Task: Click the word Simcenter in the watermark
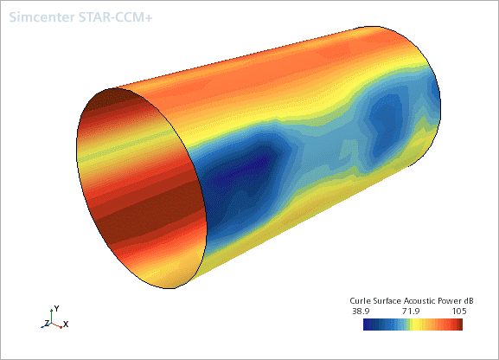click(x=42, y=17)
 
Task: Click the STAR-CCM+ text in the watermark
click(x=115, y=17)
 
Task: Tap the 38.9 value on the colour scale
click(x=361, y=311)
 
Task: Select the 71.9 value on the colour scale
click(x=411, y=311)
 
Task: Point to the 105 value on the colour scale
click(x=459, y=311)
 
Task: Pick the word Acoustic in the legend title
click(x=419, y=301)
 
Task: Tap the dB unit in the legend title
click(x=468, y=301)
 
